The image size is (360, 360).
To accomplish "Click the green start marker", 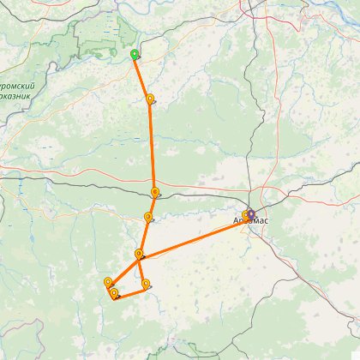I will tap(134, 54).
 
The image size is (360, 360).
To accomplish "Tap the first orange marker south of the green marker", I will tap(151, 99).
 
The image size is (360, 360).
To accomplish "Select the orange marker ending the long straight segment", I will tap(154, 193).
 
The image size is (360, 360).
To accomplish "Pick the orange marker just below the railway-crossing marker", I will tap(148, 217).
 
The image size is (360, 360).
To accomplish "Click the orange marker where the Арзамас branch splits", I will tap(139, 254).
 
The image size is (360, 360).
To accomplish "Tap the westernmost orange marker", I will tap(108, 282).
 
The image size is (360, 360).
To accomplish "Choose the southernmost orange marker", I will tap(114, 294).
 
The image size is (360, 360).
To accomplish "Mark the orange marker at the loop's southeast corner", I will tap(146, 284).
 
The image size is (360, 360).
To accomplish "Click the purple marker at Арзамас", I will tap(251, 213).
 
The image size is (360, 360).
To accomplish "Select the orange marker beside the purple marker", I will tap(245, 215).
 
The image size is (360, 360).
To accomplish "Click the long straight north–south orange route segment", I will tap(153, 146).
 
